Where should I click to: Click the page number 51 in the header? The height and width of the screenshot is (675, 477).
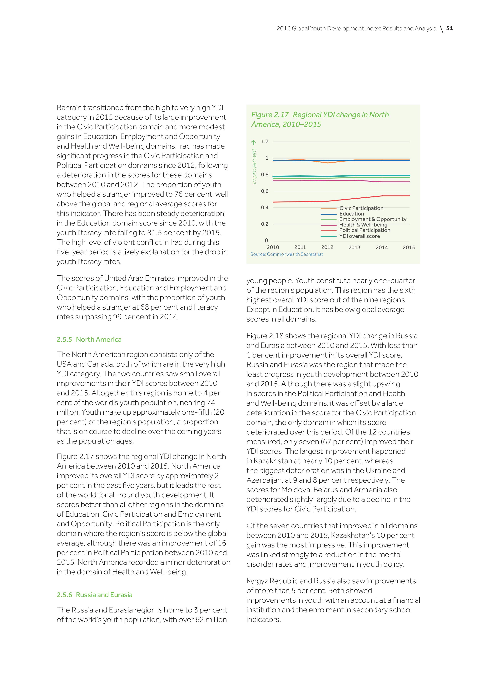click(449, 28)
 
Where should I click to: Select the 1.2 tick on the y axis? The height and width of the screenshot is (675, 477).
click(265, 141)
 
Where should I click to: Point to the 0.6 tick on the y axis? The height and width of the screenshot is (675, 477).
click(265, 191)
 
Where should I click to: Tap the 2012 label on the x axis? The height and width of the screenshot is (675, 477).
click(327, 247)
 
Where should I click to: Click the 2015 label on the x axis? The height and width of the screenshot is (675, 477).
click(409, 247)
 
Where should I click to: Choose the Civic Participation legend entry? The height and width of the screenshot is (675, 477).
click(361, 208)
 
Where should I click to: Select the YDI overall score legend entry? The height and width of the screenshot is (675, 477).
click(360, 236)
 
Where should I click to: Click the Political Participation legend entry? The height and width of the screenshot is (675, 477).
click(365, 230)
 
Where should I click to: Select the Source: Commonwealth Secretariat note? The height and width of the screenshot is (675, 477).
click(286, 254)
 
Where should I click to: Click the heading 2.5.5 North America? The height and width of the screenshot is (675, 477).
click(89, 340)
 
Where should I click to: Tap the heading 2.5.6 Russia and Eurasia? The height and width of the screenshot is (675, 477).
click(95, 595)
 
